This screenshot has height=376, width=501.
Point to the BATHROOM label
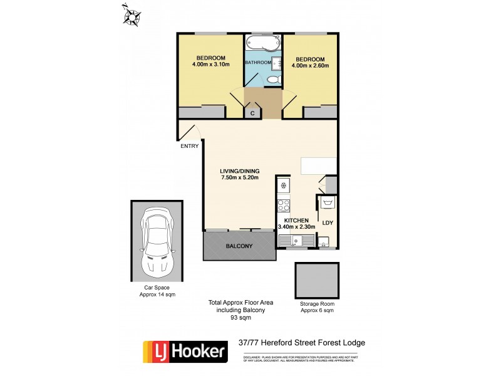pyautogui.click(x=257, y=63)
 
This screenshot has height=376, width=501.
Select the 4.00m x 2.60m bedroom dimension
pyautogui.click(x=312, y=65)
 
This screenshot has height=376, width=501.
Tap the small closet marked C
pyautogui.click(x=252, y=113)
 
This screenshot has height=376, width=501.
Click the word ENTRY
pyautogui.click(x=189, y=146)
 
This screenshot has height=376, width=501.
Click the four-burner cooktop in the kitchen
pyautogui.click(x=283, y=205)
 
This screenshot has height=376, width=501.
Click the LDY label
pyautogui.click(x=327, y=222)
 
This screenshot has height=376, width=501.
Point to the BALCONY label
pyautogui.click(x=239, y=246)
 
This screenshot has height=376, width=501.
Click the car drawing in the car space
pyautogui.click(x=157, y=241)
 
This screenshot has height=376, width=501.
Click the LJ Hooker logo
pyautogui.click(x=185, y=352)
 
